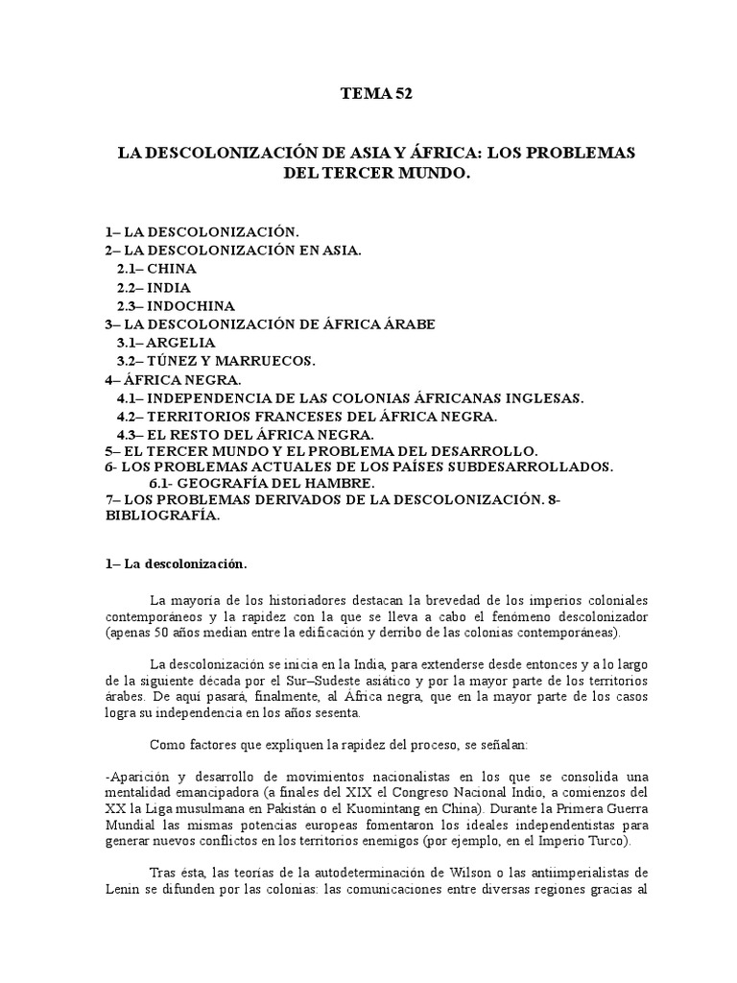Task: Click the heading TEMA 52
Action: click(x=381, y=93)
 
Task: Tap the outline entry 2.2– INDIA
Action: click(x=154, y=287)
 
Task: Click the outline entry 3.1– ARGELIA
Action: click(x=166, y=342)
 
